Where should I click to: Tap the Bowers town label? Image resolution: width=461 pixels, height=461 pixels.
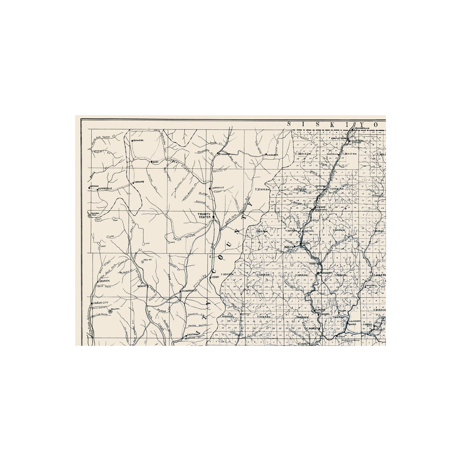click(x=139, y=141)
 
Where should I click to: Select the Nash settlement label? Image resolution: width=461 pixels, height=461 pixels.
click(x=155, y=162)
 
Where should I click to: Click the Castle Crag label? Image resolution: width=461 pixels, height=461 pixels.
click(x=339, y=138)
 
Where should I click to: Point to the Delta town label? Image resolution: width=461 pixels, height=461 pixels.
click(x=306, y=243)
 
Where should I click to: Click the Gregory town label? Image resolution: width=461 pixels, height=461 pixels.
click(x=327, y=273)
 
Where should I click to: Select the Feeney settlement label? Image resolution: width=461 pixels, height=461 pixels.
click(x=216, y=277)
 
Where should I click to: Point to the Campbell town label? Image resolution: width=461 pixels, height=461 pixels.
click(x=371, y=285)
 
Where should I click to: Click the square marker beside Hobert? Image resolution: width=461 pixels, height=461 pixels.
click(x=148, y=286)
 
